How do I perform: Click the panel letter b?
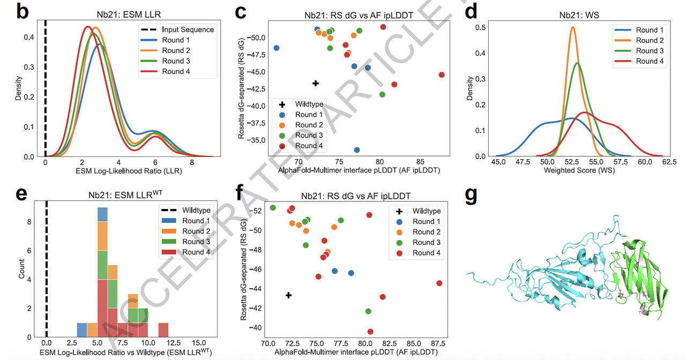(x=23, y=11)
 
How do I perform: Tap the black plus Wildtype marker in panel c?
(x=316, y=83)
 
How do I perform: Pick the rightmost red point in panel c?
(x=442, y=75)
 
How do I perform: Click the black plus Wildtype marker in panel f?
(x=289, y=295)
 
